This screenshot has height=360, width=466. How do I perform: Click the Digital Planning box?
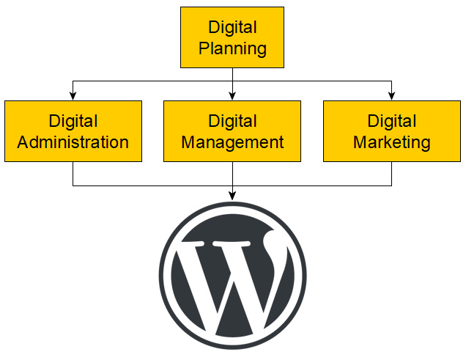pyautogui.click(x=232, y=38)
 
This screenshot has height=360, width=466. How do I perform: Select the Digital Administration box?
pyautogui.click(x=73, y=131)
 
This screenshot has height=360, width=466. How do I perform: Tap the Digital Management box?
pyautogui.click(x=232, y=131)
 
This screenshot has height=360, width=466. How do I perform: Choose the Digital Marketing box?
pyautogui.click(x=391, y=131)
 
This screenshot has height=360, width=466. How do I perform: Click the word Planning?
pyautogui.click(x=232, y=49)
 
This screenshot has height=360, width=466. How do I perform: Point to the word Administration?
pyautogui.click(x=73, y=142)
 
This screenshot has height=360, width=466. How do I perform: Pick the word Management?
pyautogui.click(x=232, y=142)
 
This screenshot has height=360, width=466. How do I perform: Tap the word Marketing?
pyautogui.click(x=391, y=142)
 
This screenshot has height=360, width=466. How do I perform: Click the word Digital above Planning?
pyautogui.click(x=232, y=28)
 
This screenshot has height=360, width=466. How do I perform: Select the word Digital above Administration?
pyautogui.click(x=73, y=121)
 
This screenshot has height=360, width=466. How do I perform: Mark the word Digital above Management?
pyautogui.click(x=232, y=121)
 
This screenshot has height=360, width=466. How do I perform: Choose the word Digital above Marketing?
pyautogui.click(x=391, y=121)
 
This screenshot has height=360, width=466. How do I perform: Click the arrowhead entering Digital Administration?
pyautogui.click(x=73, y=95)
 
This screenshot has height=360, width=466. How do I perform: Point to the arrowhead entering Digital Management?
pyautogui.click(x=232, y=95)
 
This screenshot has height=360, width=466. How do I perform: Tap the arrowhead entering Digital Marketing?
pyautogui.click(x=391, y=95)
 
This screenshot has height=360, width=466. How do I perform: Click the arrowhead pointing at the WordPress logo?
pyautogui.click(x=232, y=195)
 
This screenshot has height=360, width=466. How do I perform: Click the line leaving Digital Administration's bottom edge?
pyautogui.click(x=73, y=174)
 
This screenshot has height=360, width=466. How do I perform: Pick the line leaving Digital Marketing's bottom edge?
pyautogui.click(x=391, y=174)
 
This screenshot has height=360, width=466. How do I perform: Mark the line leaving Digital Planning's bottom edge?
pyautogui.click(x=232, y=75)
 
